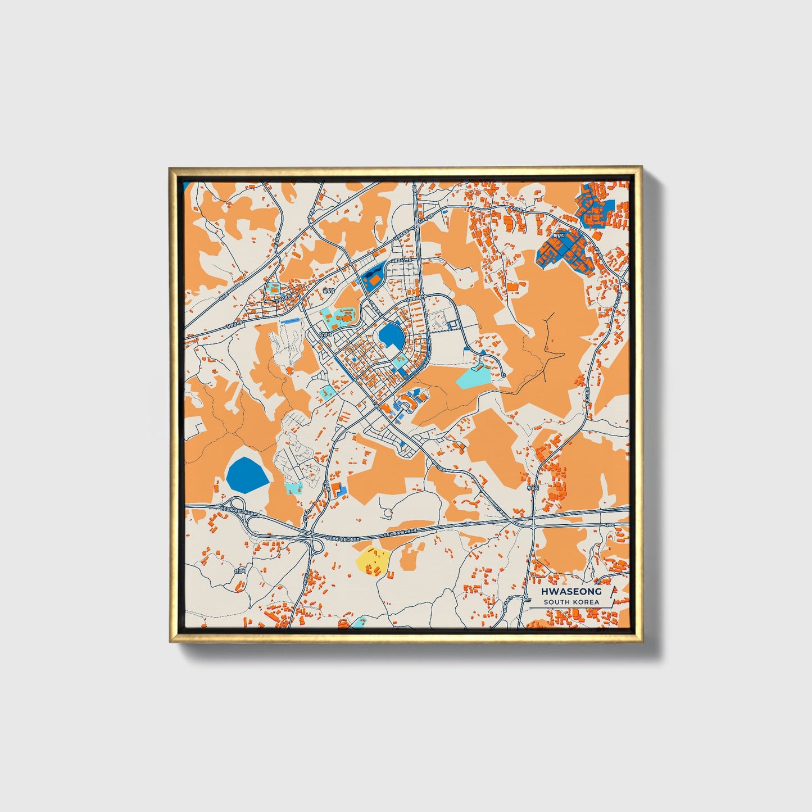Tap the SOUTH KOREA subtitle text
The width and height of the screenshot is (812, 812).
[571, 602]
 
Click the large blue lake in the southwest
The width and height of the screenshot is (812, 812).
[247, 473]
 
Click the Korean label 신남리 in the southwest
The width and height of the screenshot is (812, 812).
[240, 571]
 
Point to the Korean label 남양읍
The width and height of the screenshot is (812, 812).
[328, 291]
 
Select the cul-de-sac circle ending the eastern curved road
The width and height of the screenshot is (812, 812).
[504, 375]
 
